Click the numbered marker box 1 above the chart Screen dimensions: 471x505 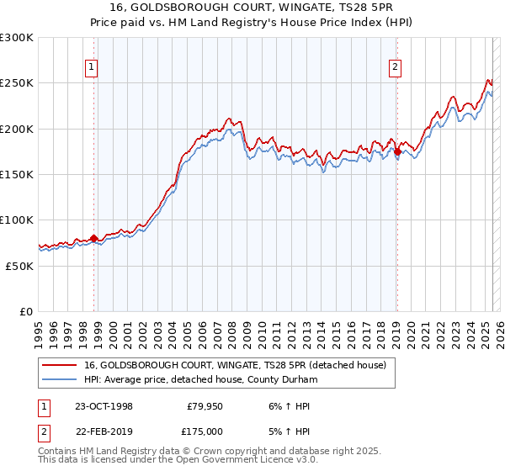90,69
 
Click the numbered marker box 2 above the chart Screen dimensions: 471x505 395,69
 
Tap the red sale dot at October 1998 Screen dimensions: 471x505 93,238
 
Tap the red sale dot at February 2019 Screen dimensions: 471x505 397,152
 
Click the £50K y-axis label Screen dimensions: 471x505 20,265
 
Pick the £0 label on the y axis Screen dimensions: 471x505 27,311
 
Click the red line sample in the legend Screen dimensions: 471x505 60,365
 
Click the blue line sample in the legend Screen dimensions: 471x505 60,379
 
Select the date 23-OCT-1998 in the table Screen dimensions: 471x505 104,406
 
